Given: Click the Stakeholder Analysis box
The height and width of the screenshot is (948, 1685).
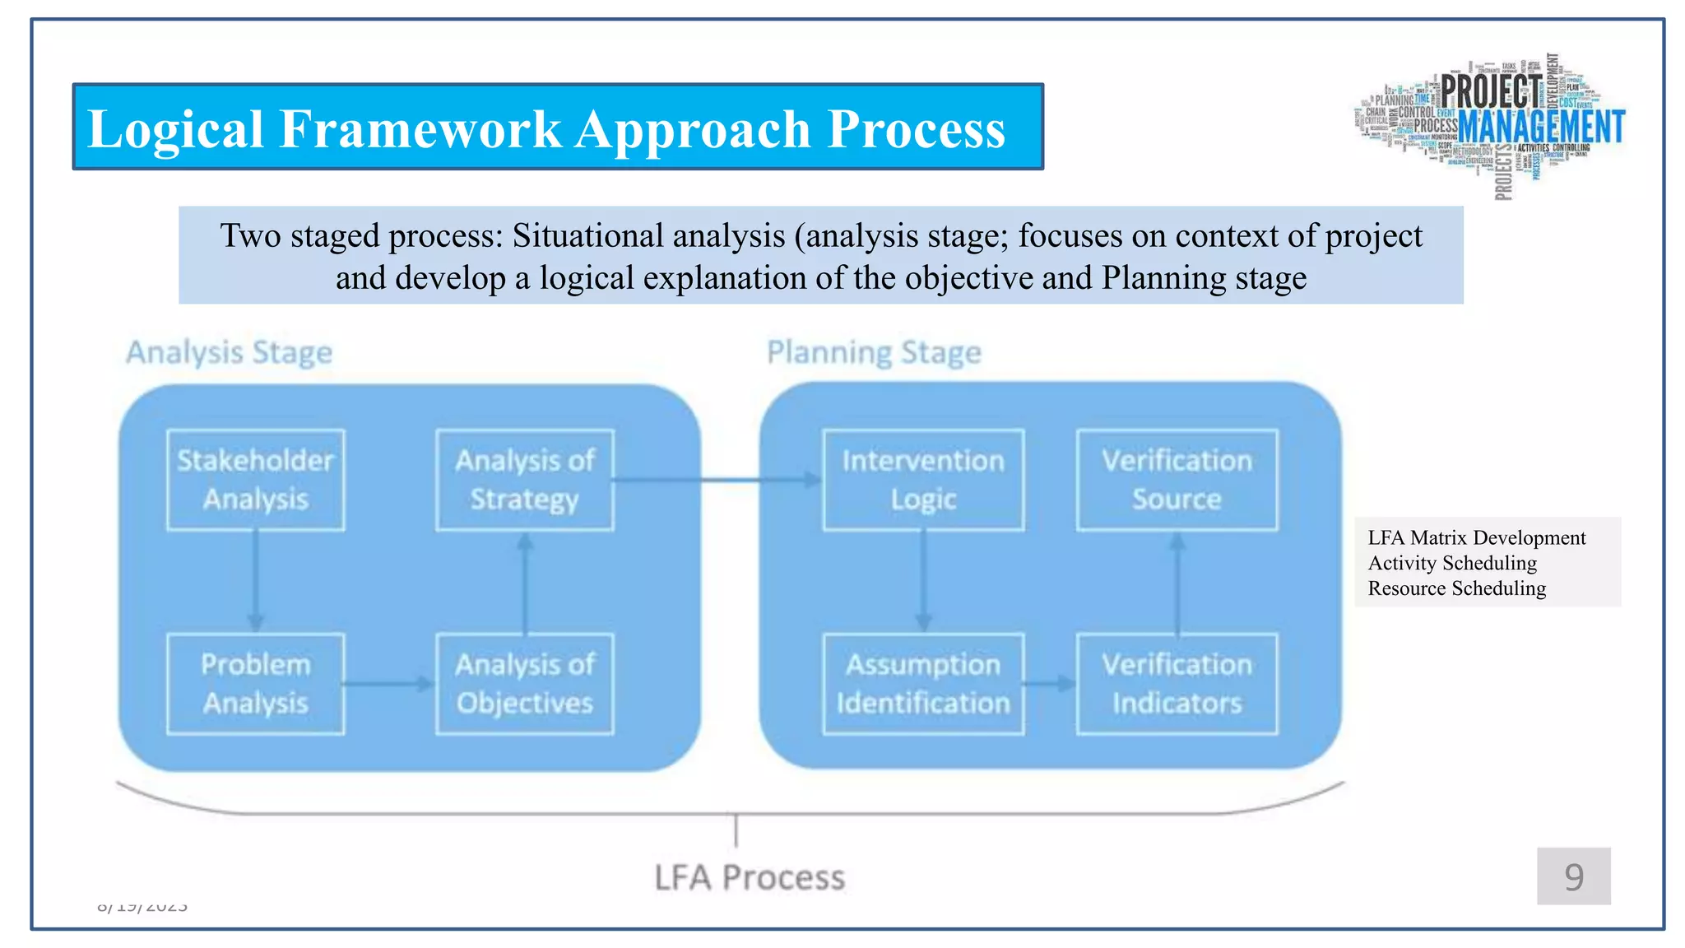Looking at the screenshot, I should [x=255, y=480].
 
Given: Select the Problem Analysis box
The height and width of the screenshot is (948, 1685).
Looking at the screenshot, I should [x=255, y=684].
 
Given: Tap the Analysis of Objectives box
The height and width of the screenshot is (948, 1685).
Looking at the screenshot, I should [x=525, y=684].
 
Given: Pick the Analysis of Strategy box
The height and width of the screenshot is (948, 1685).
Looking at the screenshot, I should [x=525, y=480].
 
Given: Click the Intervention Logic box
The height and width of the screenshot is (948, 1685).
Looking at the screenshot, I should [x=923, y=480].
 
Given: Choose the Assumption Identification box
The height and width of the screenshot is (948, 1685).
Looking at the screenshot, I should [x=923, y=684].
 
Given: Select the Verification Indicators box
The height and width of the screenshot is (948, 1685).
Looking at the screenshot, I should [x=1177, y=684].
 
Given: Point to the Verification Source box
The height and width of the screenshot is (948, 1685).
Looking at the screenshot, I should [x=1177, y=480].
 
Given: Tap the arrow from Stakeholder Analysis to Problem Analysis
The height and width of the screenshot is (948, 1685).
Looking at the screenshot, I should [x=255, y=581].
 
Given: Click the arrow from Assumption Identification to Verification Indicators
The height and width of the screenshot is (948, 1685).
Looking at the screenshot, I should [x=1050, y=684].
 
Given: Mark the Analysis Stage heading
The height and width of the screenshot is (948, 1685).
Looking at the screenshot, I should [x=229, y=352].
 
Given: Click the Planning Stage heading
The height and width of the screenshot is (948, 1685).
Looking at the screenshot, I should [x=874, y=352].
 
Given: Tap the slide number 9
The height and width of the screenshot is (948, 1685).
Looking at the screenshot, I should [x=1573, y=876].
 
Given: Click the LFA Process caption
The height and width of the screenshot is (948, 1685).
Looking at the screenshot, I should [x=750, y=877].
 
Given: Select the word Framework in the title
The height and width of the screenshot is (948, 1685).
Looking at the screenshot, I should [x=420, y=129].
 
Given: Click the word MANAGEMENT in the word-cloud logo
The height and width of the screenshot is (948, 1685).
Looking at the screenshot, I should [x=1541, y=128].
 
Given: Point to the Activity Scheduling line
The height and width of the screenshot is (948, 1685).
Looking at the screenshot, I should [x=1452, y=563].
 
